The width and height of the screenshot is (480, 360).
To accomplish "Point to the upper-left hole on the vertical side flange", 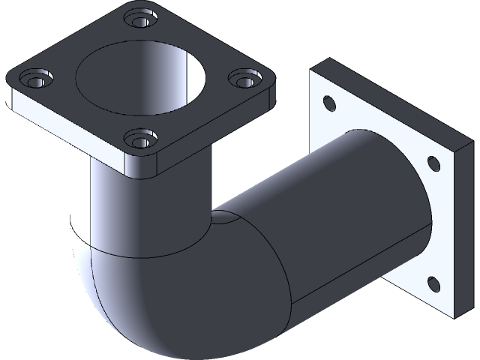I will click(327, 102).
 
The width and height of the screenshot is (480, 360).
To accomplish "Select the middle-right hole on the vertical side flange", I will click(433, 161).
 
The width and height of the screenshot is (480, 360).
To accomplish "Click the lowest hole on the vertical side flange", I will click(433, 283).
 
